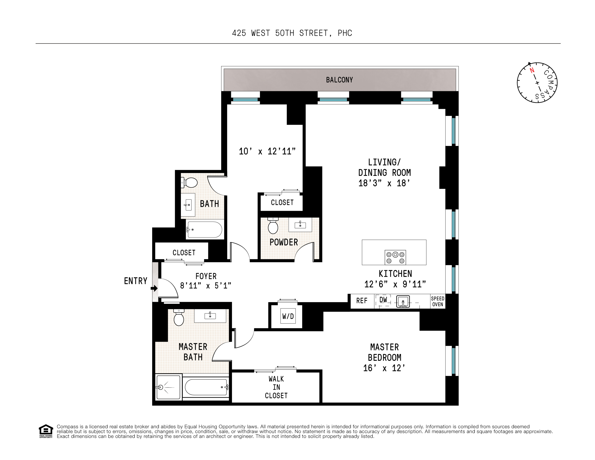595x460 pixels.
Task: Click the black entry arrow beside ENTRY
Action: coord(155,288)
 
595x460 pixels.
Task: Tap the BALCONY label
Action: coord(339,80)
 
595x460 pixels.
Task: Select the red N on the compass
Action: coord(532,70)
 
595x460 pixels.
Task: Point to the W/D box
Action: coord(288,316)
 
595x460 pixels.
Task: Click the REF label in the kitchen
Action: coord(362,301)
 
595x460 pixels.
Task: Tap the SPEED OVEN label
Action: coord(438,301)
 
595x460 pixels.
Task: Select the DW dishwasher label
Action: coord(383,300)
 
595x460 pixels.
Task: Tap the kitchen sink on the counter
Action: coord(403,301)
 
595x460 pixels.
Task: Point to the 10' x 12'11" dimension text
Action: coord(267,151)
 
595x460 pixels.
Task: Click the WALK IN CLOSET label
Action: coord(276,387)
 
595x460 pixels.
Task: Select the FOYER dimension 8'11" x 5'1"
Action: coord(206,286)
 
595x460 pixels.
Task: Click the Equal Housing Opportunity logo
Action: coord(46,431)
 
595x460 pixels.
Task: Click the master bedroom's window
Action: coord(453,361)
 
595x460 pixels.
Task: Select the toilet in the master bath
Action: coord(179,318)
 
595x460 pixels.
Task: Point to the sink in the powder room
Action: coord(300,225)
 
